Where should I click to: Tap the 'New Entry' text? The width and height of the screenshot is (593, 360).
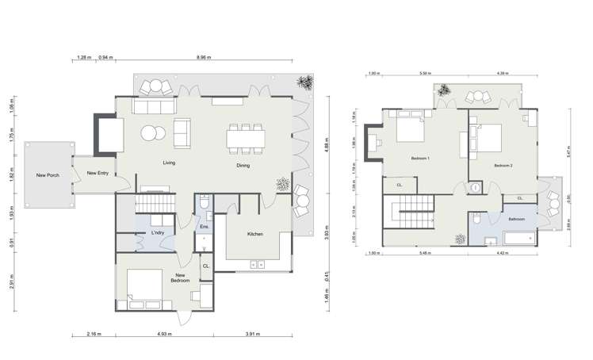(98, 172)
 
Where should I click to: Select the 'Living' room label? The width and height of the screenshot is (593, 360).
(169, 163)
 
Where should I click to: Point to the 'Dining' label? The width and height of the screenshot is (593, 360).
(243, 166)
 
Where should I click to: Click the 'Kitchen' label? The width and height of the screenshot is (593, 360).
(255, 234)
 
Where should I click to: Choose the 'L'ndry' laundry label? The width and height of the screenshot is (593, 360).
(157, 233)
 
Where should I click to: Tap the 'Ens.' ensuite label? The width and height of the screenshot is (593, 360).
(204, 227)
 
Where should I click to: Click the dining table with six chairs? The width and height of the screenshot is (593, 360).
(246, 138)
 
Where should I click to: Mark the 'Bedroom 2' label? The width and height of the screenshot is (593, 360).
(503, 165)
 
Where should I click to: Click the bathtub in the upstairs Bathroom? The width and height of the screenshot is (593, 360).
(518, 237)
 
